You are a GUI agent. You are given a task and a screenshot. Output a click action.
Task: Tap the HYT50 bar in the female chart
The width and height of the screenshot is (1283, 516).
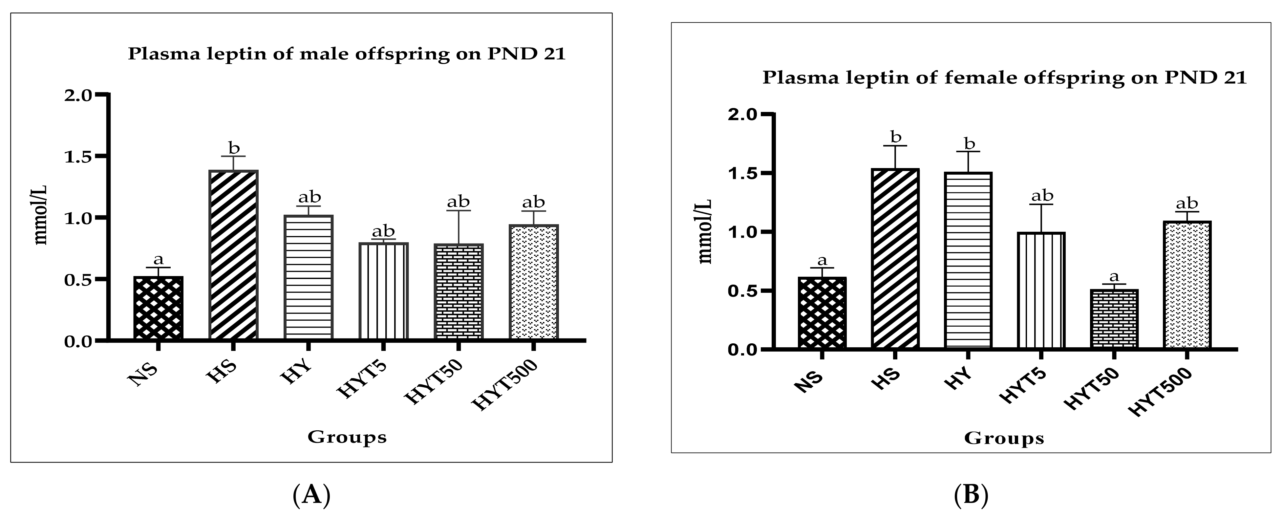pos(1114,319)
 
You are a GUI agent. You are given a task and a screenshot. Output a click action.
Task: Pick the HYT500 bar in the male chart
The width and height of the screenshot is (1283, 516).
pos(533,282)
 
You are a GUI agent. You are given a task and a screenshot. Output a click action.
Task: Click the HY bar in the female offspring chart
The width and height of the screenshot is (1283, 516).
pos(968,260)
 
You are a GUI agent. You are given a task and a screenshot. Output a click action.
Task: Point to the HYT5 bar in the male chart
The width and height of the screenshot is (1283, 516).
pos(383,291)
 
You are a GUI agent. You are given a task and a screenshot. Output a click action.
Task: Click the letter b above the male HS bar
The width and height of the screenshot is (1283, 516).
pos(234,148)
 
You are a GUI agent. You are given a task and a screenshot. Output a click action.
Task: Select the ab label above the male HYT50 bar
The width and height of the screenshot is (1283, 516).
pos(458,202)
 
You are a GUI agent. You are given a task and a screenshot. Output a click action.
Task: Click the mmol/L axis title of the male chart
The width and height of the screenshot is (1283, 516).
pos(41,217)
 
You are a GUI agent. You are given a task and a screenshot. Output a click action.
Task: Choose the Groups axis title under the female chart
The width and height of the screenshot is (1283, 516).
pos(1004,438)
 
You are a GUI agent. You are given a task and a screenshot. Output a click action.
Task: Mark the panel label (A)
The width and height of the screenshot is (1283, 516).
pos(311,495)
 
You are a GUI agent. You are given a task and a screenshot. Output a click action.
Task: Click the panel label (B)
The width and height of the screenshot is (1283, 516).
pos(971,495)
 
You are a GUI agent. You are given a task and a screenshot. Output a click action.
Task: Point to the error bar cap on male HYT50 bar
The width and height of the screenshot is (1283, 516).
pos(458,211)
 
